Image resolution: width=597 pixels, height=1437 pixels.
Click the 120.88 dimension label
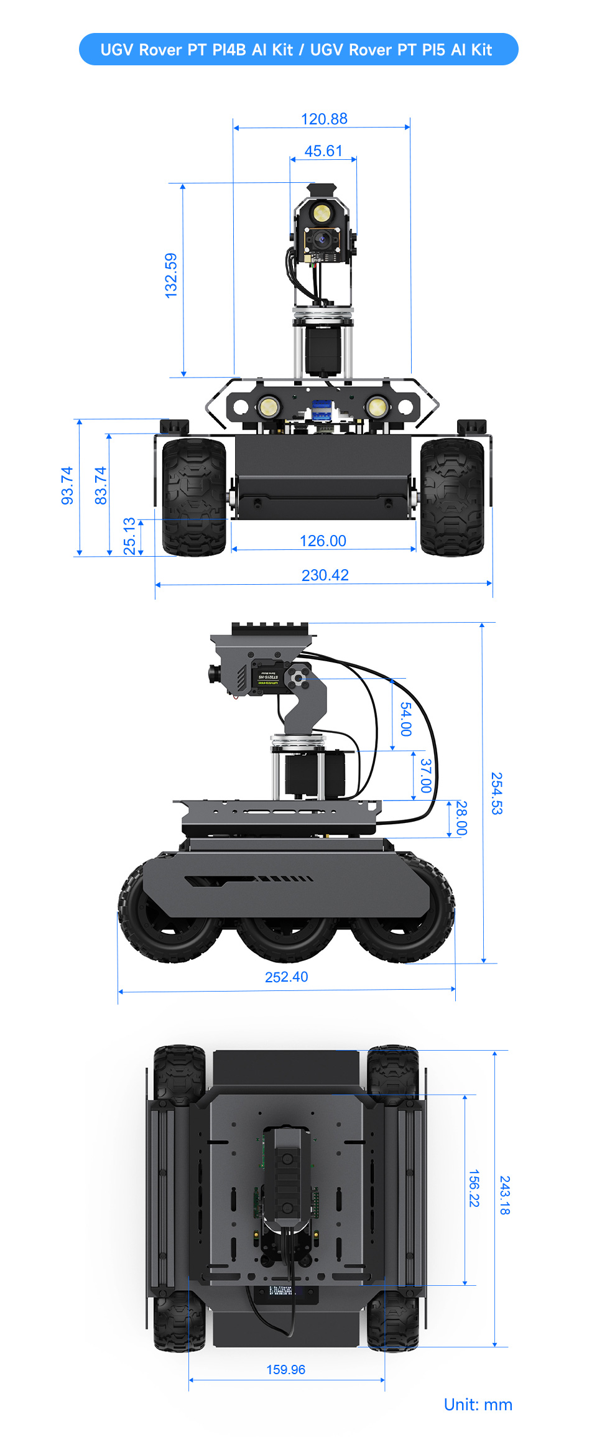click(324, 119)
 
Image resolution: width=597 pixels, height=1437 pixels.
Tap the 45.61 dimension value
click(323, 151)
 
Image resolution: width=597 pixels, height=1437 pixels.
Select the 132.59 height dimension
click(171, 275)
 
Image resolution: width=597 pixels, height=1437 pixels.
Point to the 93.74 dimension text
click(67, 485)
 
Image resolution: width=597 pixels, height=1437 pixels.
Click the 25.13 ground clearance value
click(129, 536)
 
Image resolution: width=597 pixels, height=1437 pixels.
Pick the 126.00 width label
click(323, 541)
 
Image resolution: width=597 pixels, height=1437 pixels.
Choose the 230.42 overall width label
click(325, 575)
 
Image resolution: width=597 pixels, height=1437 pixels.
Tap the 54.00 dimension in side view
click(405, 719)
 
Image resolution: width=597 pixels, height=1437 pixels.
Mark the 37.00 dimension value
click(425, 775)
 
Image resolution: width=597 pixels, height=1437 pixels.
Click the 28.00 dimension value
click(461, 818)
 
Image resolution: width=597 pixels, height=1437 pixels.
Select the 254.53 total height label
click(496, 793)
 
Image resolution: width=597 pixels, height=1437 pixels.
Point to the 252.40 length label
click(286, 977)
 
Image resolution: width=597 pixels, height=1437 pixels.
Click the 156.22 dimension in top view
click(474, 1188)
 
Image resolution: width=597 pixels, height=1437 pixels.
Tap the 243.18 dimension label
click(505, 1195)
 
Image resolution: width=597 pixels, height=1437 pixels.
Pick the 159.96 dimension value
click(285, 1369)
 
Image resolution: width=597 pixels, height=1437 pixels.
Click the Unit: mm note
click(478, 1404)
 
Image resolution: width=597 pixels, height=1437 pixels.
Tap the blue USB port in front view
click(321, 409)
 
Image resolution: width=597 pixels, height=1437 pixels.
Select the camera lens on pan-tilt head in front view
click(322, 239)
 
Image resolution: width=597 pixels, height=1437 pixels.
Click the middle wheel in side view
click(286, 933)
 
